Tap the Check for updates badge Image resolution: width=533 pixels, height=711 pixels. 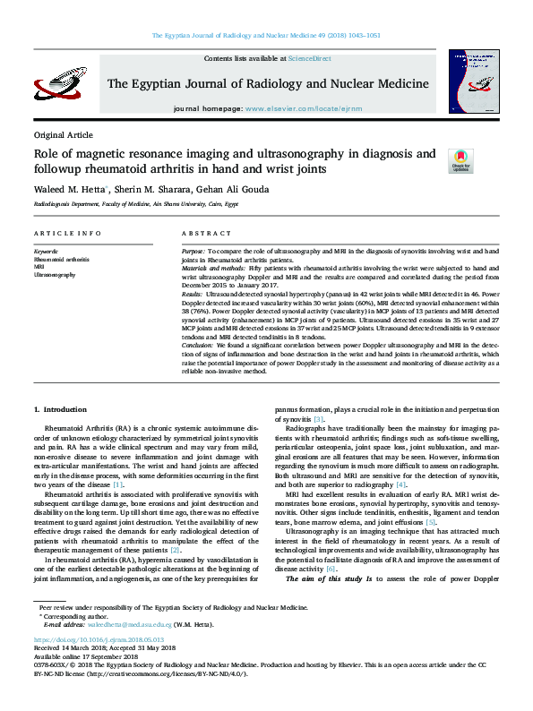(460, 160)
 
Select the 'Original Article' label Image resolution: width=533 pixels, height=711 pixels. (63, 134)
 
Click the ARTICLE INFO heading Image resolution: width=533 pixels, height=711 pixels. (67, 233)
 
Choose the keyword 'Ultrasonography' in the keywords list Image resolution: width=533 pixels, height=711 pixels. (54, 275)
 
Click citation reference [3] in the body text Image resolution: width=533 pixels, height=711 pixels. (318, 419)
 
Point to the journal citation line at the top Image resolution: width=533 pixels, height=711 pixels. (266, 36)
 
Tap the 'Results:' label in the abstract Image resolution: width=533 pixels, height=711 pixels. (192, 293)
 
